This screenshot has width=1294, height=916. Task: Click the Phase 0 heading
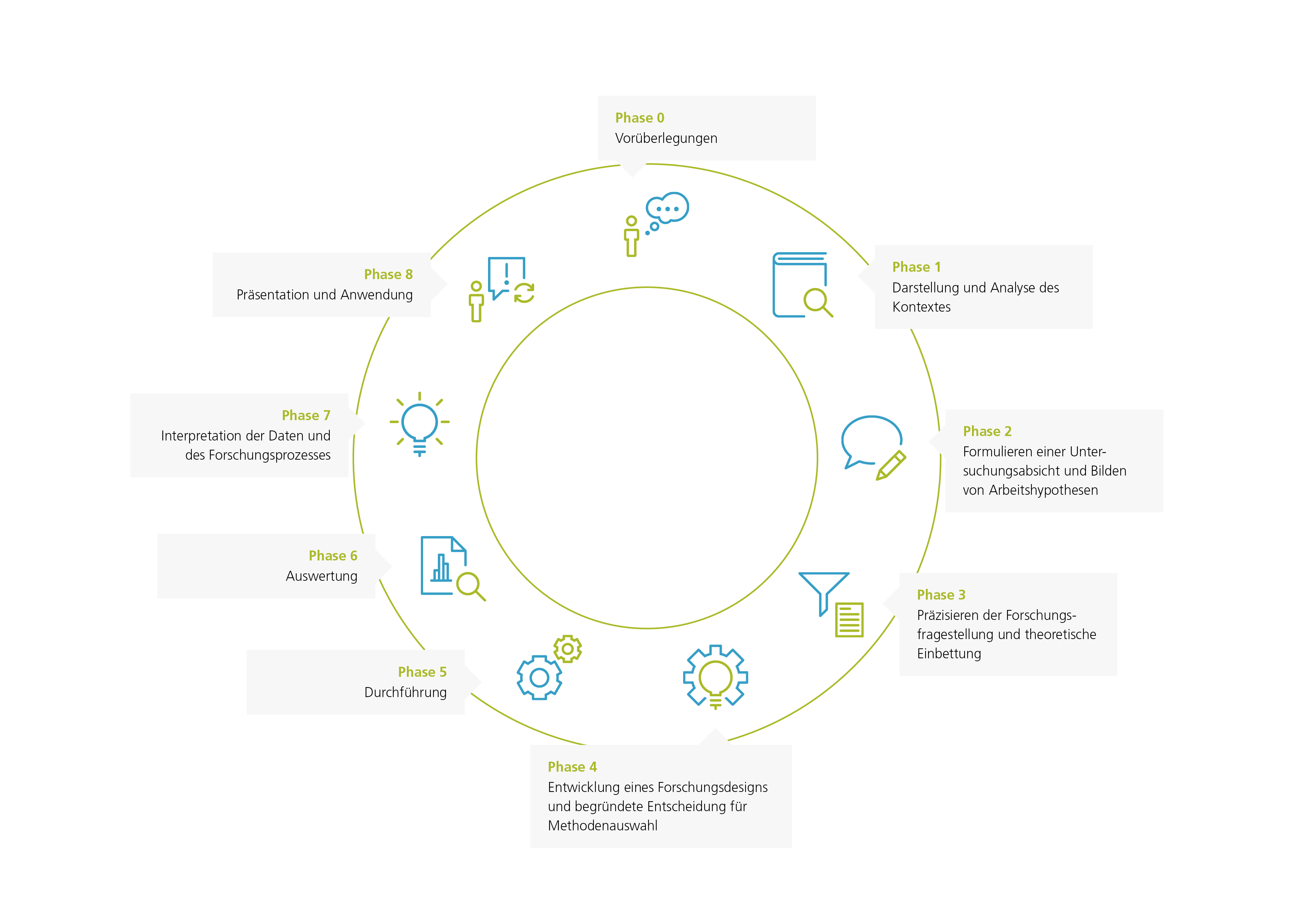639,118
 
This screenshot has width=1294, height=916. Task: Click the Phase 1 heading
916,267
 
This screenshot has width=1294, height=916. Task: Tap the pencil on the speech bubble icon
891,465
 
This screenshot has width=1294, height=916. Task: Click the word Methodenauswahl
602,826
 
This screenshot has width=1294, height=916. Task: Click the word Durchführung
405,693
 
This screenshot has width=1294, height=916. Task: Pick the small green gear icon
568,649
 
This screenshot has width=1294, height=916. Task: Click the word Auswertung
321,576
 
